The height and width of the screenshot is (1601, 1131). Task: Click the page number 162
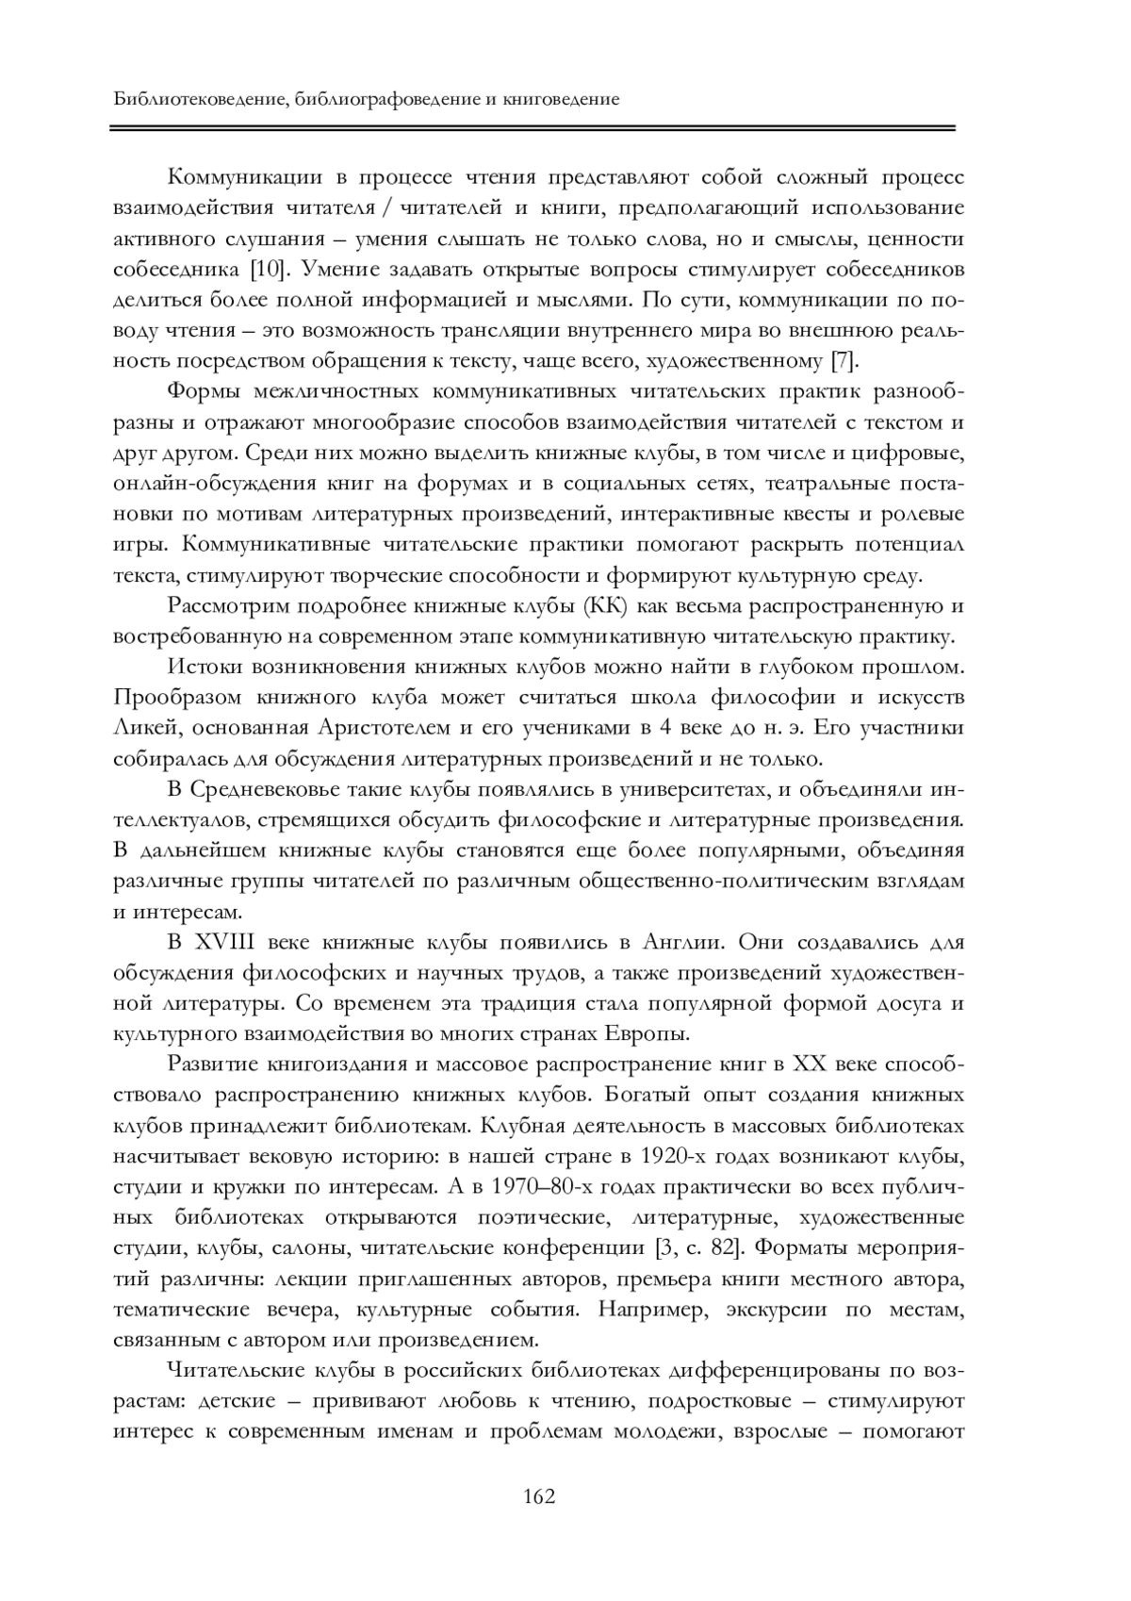[x=539, y=1496]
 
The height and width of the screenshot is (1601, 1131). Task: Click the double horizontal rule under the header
[x=533, y=127]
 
